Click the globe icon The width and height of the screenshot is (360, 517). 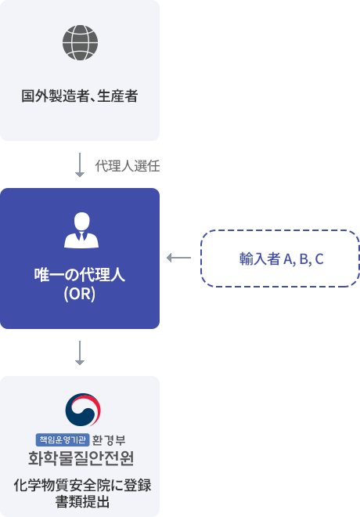pos(80,42)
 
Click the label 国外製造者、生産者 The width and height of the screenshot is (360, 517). pos(80,96)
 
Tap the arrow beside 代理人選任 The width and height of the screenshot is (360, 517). pos(80,164)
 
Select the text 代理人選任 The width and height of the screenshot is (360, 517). pos(128,166)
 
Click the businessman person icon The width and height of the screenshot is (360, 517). pos(81,230)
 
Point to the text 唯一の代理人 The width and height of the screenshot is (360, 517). pos(80,275)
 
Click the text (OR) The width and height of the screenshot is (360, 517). pos(80,294)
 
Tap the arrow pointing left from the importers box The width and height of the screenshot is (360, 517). pos(179,258)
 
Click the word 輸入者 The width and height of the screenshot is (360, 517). pos(260,258)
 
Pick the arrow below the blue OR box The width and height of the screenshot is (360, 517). pos(80,353)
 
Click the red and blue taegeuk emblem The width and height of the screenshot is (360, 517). pos(83,410)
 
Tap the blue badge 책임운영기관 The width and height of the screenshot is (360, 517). pos(63,439)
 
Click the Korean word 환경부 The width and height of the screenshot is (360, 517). pos(109,440)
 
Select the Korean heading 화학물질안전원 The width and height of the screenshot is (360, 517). pos(81,458)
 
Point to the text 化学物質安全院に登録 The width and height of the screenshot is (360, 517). pos(82,486)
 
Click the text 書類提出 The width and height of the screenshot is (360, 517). pos(82,501)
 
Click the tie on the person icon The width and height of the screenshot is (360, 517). pos(81,236)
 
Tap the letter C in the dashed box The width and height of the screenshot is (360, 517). pos(319,259)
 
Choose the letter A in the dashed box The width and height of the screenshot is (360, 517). pos(288,259)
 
